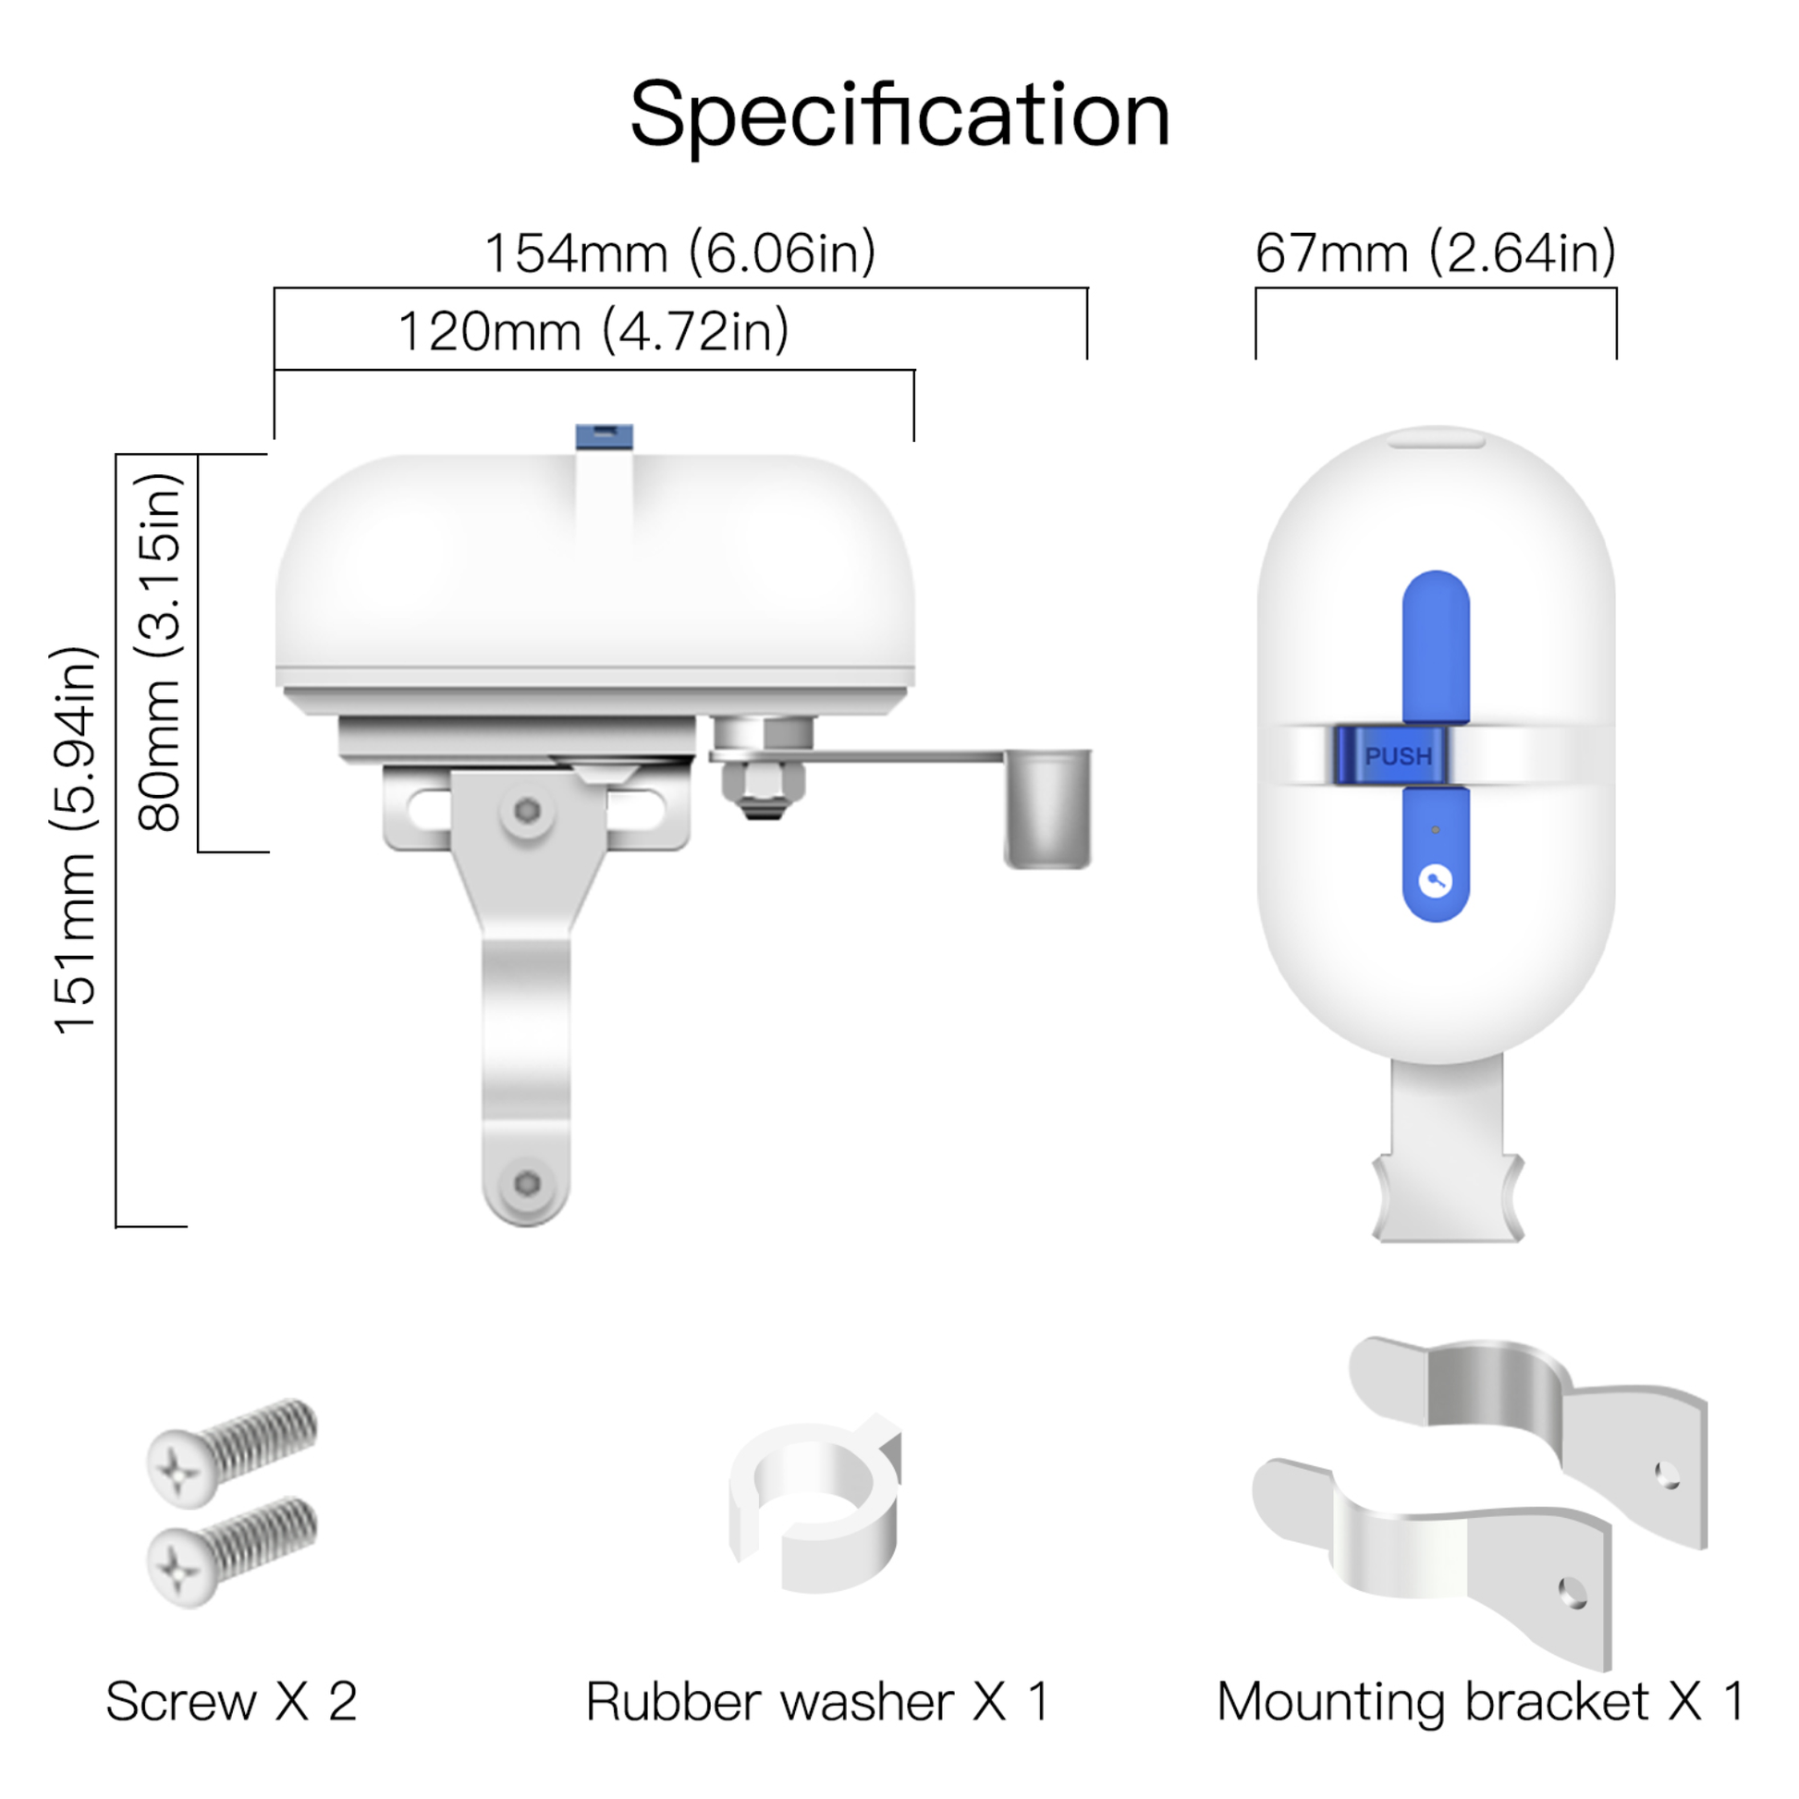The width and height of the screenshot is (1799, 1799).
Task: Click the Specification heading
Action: [x=899, y=116]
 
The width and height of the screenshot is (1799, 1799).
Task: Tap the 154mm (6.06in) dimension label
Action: [x=680, y=252]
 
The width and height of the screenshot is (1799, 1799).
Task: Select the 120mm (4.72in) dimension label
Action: [x=594, y=331]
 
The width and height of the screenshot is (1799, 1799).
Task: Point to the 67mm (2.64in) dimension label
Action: [x=1436, y=252]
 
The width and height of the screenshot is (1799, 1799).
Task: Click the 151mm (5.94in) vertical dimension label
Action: [x=75, y=839]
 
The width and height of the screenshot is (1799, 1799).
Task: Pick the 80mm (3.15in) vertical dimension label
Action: [x=159, y=652]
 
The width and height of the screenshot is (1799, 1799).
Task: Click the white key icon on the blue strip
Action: [x=1436, y=881]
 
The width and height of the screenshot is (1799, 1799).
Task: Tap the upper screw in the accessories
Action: [x=233, y=1452]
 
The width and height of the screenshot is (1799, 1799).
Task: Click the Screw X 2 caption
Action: [x=232, y=1701]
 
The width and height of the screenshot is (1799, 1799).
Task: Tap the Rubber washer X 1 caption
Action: [x=817, y=1701]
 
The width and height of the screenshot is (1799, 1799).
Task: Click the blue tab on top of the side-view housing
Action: [x=605, y=435]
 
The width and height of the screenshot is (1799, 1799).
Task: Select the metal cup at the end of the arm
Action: [x=1047, y=808]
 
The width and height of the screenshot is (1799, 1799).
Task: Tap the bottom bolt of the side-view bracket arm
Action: [x=527, y=1183]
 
